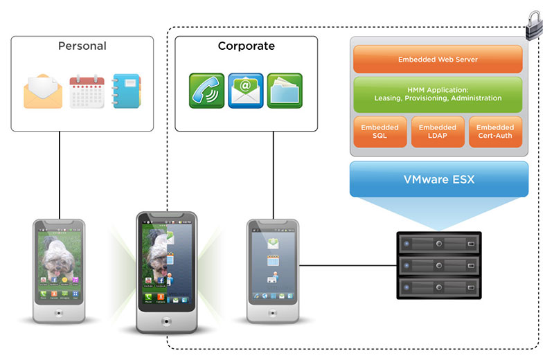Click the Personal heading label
click(x=82, y=46)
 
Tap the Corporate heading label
click(x=246, y=46)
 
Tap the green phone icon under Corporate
click(x=207, y=91)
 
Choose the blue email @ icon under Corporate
click(x=246, y=91)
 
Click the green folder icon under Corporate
click(x=285, y=91)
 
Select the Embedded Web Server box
click(x=438, y=60)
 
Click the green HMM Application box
click(x=438, y=94)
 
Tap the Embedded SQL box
click(x=379, y=132)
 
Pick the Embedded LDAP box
click(x=438, y=132)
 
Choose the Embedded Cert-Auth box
click(x=495, y=132)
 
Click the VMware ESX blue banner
click(x=439, y=179)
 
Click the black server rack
click(x=438, y=266)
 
